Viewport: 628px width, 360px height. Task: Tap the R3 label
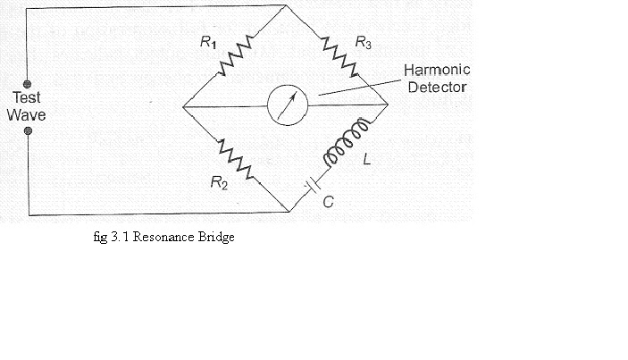click(x=362, y=41)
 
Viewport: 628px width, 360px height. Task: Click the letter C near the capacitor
click(x=329, y=202)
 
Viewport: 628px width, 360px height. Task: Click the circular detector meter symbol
click(x=287, y=105)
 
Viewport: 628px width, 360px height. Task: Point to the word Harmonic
click(x=437, y=71)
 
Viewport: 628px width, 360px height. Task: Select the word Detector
click(x=435, y=87)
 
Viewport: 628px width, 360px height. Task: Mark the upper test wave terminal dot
click(x=28, y=84)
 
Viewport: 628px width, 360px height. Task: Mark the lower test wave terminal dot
click(x=28, y=130)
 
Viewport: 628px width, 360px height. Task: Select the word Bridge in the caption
click(x=215, y=239)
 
